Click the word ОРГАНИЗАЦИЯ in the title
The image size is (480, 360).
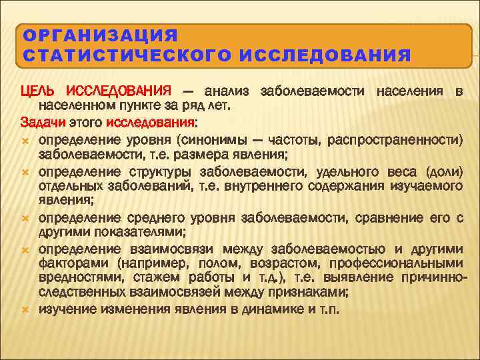point(100,35)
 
